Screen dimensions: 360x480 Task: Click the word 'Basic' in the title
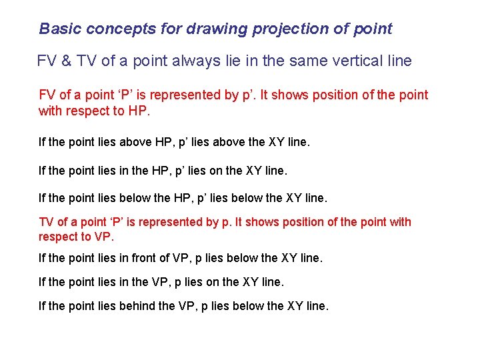click(x=57, y=29)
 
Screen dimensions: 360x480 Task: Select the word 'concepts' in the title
click(x=109, y=29)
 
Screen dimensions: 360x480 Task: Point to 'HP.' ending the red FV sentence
click(x=139, y=111)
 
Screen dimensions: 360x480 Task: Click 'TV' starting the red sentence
click(x=47, y=222)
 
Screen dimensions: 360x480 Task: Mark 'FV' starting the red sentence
click(x=47, y=95)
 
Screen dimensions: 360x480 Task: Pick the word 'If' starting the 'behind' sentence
click(x=42, y=306)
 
